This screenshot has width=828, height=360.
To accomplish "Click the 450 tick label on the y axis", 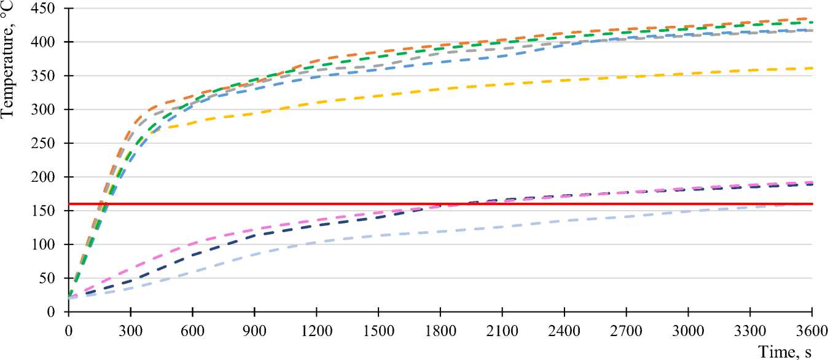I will [47, 9].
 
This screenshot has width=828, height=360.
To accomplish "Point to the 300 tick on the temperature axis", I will [47, 110].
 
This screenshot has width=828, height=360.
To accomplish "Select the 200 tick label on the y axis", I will [47, 177].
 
